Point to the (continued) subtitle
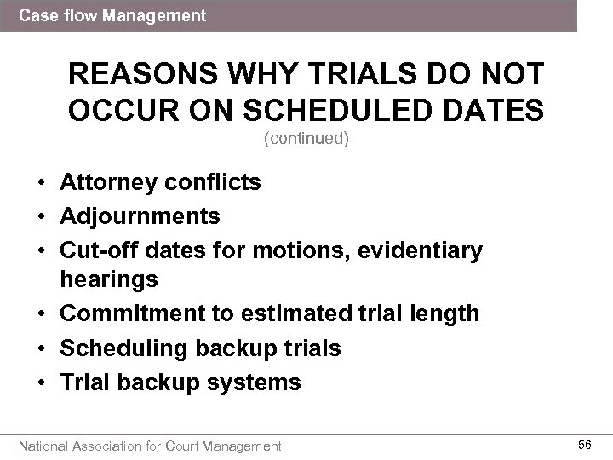306,139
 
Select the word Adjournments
140,216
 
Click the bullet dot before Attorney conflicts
40,183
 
